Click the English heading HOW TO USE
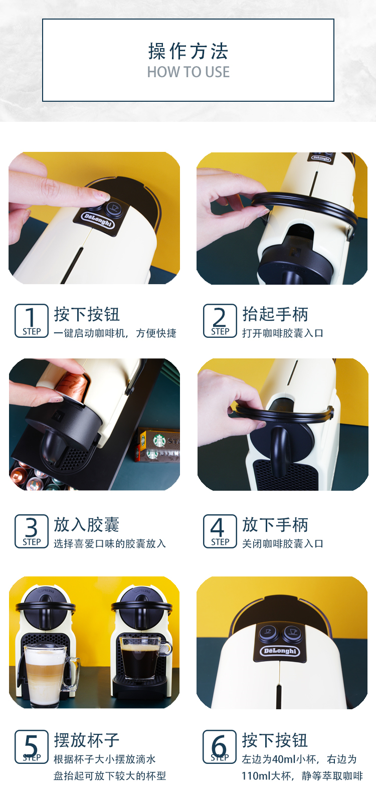coord(188,72)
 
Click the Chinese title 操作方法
coord(188,51)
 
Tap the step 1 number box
coord(32,321)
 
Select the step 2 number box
coord(220,321)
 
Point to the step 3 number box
coord(32,531)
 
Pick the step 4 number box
coord(220,531)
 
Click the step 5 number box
coord(32,747)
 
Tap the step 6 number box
coord(220,747)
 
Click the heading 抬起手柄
coord(275,314)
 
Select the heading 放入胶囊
coord(86,525)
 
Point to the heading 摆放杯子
coord(86,740)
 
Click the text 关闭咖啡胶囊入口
coord(283,544)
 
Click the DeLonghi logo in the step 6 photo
coord(280,651)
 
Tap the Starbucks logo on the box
coord(159,441)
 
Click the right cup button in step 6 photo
coord(293,633)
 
